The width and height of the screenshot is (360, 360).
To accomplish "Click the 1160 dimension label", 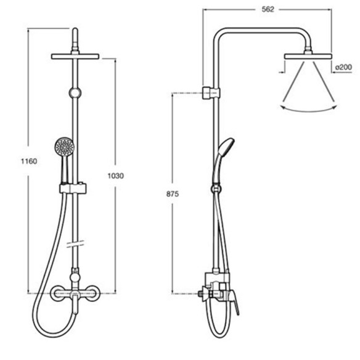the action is [29, 161].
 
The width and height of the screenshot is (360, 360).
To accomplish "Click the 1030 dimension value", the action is [116, 176].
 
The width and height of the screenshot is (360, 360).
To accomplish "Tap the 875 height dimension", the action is [173, 194].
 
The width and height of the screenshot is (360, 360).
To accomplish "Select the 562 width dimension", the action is [268, 9].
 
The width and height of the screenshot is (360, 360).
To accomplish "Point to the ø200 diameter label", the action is [343, 67].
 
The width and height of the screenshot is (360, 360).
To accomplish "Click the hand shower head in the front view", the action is [64, 146].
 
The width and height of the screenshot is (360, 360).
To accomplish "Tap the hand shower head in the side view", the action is [226, 147].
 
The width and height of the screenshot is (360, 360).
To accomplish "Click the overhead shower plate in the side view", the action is [308, 57].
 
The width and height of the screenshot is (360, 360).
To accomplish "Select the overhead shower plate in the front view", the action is [75, 57].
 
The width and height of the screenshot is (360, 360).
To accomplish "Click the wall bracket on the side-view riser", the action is [211, 93].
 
